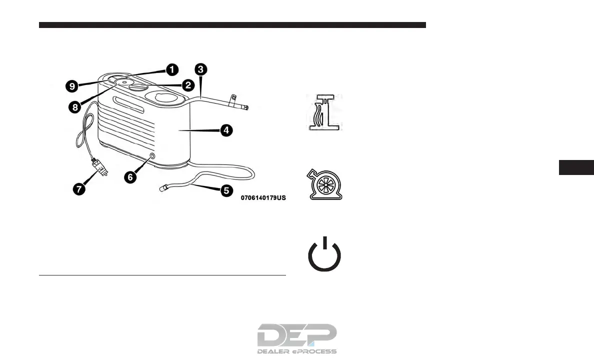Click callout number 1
tap(171, 69)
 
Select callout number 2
tap(187, 85)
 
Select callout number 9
tap(72, 86)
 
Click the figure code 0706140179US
tap(263, 198)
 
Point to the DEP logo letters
tap(297, 335)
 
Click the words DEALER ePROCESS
tap(297, 351)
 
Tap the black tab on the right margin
tap(576, 167)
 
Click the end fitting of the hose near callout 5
tap(162, 188)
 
